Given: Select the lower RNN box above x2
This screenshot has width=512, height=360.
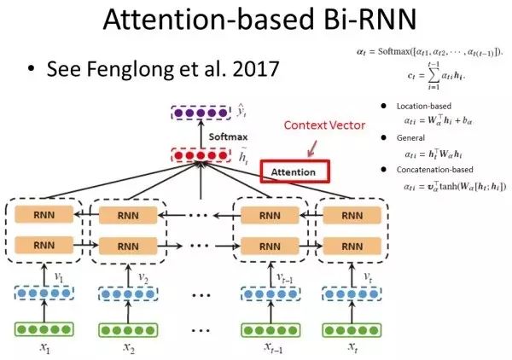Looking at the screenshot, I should tap(128, 247).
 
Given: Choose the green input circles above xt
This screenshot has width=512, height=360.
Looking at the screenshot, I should tap(350, 329).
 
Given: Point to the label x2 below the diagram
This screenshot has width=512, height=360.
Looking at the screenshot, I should tap(128, 349).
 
